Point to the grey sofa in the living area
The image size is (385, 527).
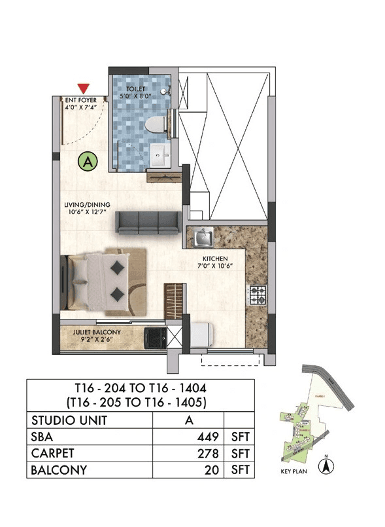coord(147,223)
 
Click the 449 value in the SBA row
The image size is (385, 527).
coord(207,437)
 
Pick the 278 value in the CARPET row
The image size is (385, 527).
coord(207,454)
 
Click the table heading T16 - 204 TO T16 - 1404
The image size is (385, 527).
coord(140,387)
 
